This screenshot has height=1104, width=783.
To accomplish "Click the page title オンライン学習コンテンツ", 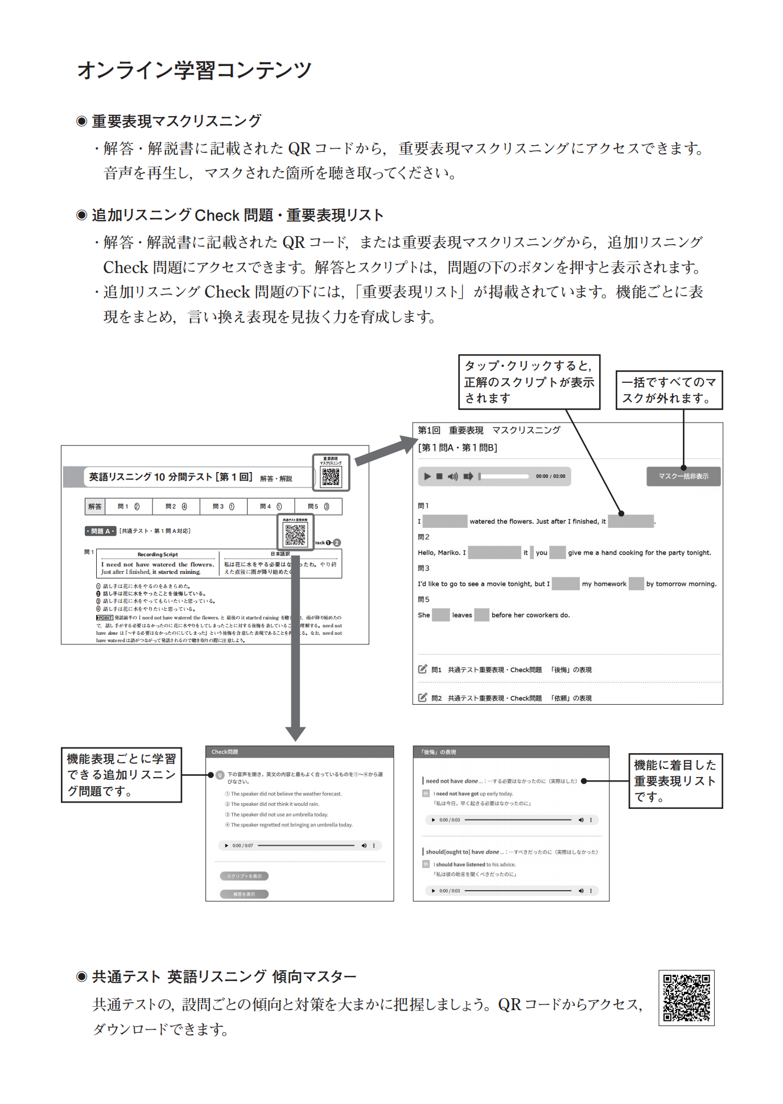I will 194,71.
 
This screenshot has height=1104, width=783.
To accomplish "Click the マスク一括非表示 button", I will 683,477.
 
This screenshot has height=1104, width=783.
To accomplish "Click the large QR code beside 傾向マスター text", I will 686,998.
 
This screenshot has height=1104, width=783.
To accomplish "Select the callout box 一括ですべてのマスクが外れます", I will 669,390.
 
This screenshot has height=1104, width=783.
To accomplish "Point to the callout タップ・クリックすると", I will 529,382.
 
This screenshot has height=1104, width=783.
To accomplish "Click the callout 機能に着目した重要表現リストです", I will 675,781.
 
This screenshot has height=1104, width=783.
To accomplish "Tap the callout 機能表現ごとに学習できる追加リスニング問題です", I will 121,775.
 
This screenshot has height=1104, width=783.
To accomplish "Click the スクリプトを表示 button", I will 244,876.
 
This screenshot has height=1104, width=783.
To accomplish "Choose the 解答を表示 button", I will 244,894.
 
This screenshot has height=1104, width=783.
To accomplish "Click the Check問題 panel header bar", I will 299,752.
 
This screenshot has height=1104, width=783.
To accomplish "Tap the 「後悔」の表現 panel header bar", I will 510,752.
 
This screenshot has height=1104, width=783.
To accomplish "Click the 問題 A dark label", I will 100,531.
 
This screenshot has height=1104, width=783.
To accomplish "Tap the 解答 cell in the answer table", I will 94,507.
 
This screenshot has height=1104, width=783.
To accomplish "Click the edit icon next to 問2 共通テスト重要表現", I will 422,697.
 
